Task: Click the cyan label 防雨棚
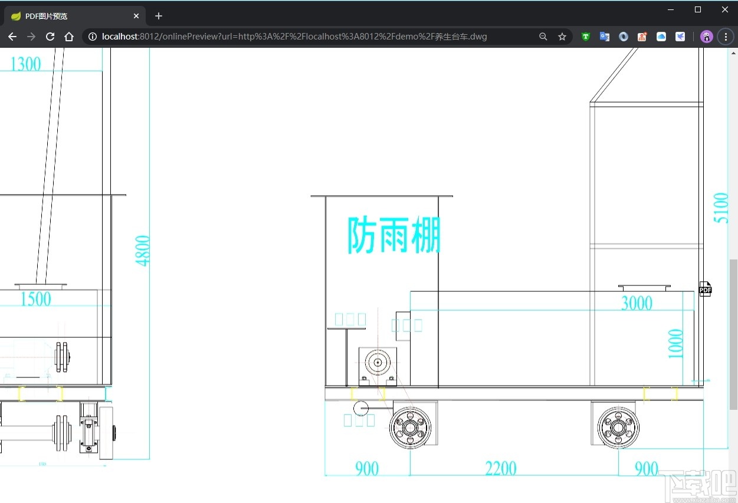tap(393, 235)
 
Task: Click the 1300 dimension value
tap(26, 64)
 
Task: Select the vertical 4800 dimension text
tap(143, 251)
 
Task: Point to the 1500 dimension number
tap(35, 299)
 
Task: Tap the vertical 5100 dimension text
tap(721, 208)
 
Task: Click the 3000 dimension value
tap(637, 303)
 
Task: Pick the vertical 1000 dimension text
tap(676, 343)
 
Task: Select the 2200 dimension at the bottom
tap(500, 469)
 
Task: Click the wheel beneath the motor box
tap(411, 427)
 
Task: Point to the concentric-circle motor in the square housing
tap(378, 361)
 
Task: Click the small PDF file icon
tap(705, 289)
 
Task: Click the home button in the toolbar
tap(69, 37)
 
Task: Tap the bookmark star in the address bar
tap(562, 37)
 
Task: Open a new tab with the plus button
tap(158, 16)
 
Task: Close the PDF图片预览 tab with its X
tap(137, 16)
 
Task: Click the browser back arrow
tap(12, 37)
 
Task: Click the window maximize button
tap(698, 9)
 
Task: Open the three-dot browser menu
tap(726, 37)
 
